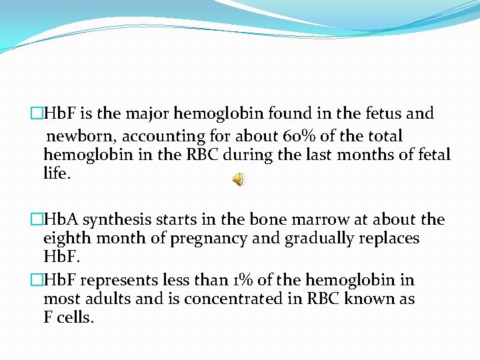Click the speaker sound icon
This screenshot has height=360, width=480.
(239, 179)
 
